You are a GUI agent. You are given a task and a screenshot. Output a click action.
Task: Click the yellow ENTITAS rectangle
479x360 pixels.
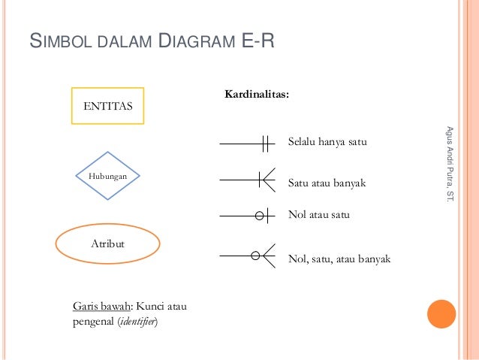[x=107, y=106]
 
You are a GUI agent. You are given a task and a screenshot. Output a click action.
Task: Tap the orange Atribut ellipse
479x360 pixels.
[x=108, y=244]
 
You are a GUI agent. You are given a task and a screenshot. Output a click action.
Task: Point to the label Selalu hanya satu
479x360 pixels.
[x=327, y=141]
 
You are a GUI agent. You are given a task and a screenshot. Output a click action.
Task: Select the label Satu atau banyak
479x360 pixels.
[x=327, y=182]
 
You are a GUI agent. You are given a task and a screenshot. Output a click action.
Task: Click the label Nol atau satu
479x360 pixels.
[x=319, y=215]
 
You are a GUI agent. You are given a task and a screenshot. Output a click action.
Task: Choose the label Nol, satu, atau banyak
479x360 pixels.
[x=339, y=259]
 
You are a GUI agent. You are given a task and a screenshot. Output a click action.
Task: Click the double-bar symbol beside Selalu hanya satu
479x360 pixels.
[x=265, y=143]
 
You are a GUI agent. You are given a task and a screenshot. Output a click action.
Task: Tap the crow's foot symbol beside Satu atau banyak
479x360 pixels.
[x=267, y=180]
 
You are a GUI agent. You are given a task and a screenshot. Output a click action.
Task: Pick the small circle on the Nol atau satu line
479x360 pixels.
[x=260, y=216]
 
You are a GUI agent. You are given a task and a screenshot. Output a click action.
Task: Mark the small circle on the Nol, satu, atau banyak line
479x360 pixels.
[x=255, y=256]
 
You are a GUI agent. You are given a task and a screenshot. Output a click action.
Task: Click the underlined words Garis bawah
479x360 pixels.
[x=102, y=307]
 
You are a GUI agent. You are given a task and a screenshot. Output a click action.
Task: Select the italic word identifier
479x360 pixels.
[x=143, y=322]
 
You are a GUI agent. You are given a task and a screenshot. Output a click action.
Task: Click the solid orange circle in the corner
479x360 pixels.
[x=441, y=315]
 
